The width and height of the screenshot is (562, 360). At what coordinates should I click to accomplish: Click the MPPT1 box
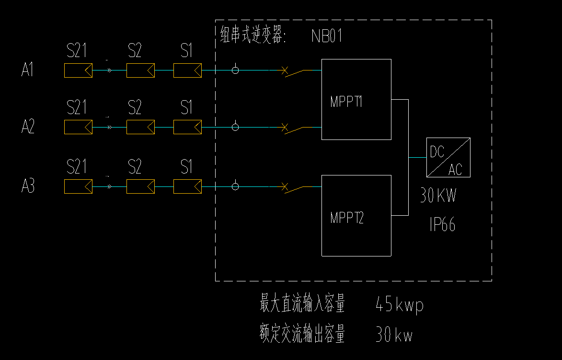[x=356, y=99]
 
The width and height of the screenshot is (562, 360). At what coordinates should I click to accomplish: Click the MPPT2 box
[x=356, y=216]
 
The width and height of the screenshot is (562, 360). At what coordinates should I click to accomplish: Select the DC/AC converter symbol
[x=448, y=157]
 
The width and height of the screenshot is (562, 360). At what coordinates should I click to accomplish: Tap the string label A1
[x=28, y=70]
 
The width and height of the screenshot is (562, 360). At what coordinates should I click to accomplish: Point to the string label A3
[x=28, y=186]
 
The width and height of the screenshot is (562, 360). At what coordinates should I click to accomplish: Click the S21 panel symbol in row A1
[x=78, y=70]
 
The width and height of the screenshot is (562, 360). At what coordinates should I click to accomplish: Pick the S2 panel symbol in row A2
[x=140, y=127]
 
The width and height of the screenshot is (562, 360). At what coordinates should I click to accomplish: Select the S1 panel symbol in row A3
[x=187, y=186]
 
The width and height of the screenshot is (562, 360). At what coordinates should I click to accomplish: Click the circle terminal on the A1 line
[x=235, y=70]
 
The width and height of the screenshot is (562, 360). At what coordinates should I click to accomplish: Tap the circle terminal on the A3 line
[x=235, y=186]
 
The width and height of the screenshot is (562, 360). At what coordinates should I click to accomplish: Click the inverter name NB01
[x=327, y=36]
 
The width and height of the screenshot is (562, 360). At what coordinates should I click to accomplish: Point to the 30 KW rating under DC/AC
[x=438, y=196]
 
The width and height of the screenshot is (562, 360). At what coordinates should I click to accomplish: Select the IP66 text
[x=442, y=225]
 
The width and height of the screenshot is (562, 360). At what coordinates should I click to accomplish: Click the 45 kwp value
[x=400, y=304]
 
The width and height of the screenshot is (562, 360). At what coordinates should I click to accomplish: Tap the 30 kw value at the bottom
[x=394, y=335]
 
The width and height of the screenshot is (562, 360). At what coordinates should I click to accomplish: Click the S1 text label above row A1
[x=186, y=50]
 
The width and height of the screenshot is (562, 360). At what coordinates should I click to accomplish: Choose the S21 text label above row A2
[x=77, y=107]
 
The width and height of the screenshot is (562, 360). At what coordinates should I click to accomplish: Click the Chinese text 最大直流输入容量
[x=302, y=304]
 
